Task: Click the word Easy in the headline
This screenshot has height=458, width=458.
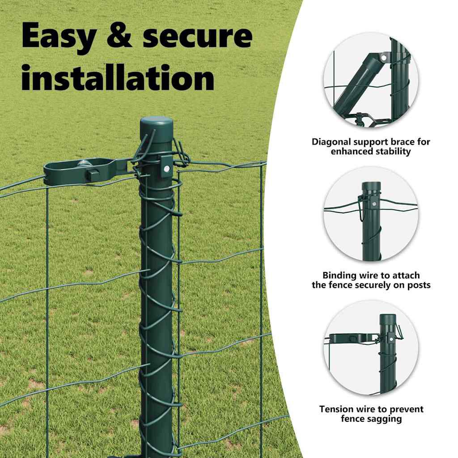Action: pos(59,37)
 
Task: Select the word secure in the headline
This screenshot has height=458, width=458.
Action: pos(197,37)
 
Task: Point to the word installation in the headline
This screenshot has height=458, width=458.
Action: pos(118,77)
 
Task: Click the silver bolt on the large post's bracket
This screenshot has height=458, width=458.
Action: pos(166,169)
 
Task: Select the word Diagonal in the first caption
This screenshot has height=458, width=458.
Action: pos(331,142)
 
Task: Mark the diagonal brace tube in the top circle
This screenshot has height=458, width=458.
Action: pos(359,82)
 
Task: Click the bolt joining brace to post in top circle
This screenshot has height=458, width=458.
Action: pos(383,58)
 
